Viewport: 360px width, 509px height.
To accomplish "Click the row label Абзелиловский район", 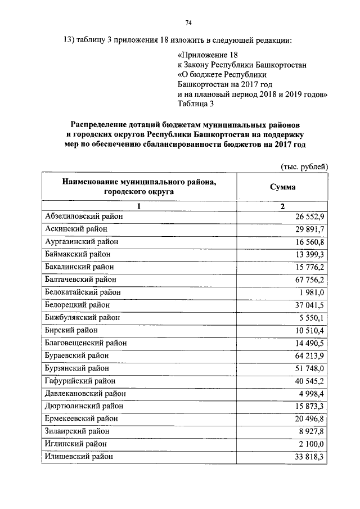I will coord(83,216).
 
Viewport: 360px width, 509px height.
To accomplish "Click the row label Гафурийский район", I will coord(80,381).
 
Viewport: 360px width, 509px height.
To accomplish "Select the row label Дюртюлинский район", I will coord(84,406).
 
